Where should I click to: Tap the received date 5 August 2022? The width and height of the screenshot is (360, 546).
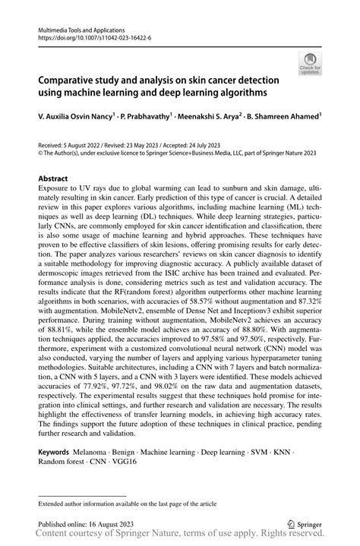(74, 144)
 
